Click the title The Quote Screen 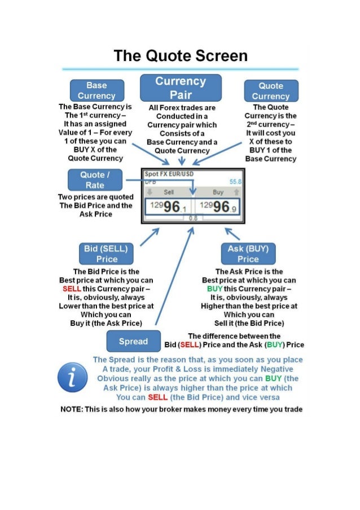click(x=181, y=56)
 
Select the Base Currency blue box click(x=96, y=90)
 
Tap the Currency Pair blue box click(x=181, y=88)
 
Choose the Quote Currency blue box click(x=271, y=91)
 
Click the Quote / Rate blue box click(x=95, y=180)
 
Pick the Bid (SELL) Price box click(x=107, y=254)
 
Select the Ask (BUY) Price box click(x=248, y=254)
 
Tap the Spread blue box click(x=134, y=341)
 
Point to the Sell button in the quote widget click(x=168, y=192)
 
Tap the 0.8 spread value click(x=192, y=218)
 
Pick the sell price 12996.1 click(x=168, y=207)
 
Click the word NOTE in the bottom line click(x=71, y=409)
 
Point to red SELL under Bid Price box click(x=73, y=289)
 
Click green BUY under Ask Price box click(x=214, y=289)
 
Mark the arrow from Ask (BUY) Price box click(x=232, y=234)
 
